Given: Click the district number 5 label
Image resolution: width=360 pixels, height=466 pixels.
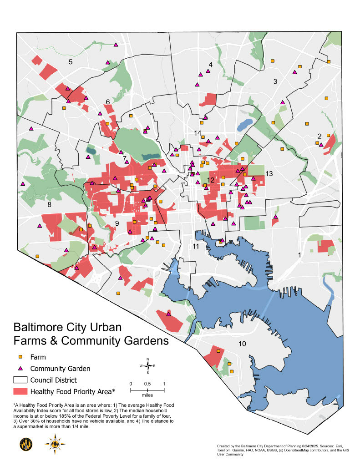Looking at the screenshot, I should pyautogui.click(x=71, y=62).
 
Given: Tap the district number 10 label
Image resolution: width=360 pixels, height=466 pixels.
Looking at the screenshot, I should pyautogui.click(x=242, y=344).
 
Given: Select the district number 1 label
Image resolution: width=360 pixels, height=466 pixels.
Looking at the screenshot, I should pyautogui.click(x=299, y=255).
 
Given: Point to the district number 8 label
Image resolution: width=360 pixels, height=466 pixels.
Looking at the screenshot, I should pyautogui.click(x=49, y=205).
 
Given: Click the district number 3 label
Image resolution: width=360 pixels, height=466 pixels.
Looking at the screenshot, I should pyautogui.click(x=275, y=81).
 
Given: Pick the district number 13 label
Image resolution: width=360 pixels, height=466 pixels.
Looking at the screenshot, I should pyautogui.click(x=269, y=174).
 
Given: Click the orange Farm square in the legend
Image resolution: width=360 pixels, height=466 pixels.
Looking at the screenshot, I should pyautogui.click(x=20, y=357).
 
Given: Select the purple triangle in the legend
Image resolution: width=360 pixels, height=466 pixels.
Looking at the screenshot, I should pyautogui.click(x=20, y=368).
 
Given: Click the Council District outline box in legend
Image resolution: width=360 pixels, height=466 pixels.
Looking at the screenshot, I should pyautogui.click(x=20, y=380).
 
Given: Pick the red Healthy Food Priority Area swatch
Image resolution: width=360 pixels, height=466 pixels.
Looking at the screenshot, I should pyautogui.click(x=20, y=391).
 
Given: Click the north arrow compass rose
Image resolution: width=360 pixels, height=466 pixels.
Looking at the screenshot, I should pyautogui.click(x=147, y=365).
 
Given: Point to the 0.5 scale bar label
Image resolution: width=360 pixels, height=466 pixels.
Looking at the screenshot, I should pyautogui.click(x=147, y=383).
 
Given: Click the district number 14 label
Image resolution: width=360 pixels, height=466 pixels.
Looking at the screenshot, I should pyautogui.click(x=198, y=133).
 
